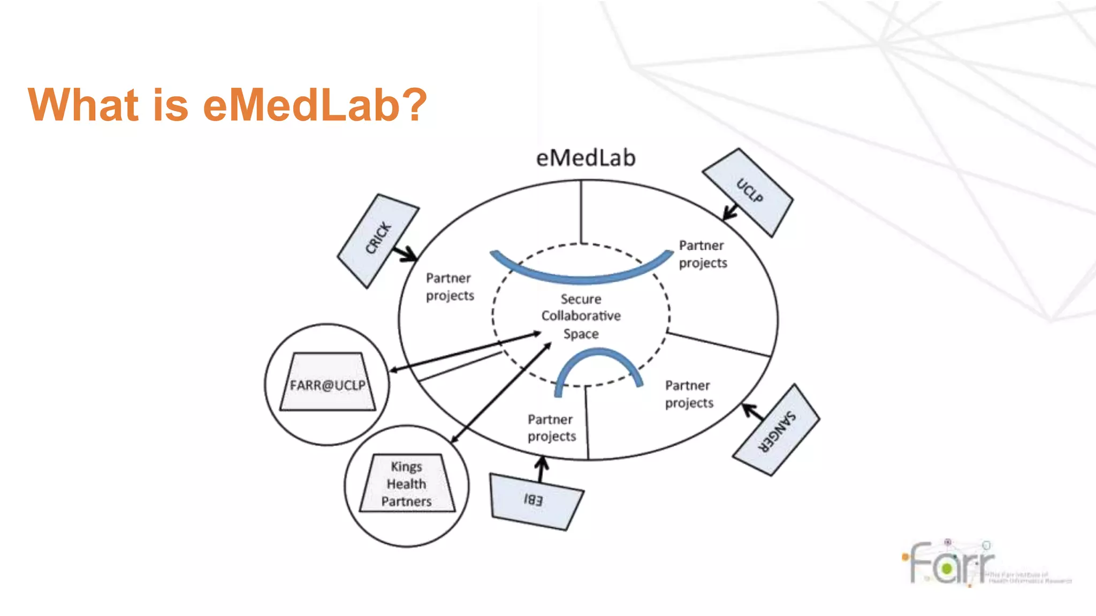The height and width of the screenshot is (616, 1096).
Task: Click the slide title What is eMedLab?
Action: click(x=227, y=105)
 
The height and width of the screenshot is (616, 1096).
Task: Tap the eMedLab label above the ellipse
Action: click(x=585, y=158)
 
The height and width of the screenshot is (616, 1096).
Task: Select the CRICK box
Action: click(x=378, y=240)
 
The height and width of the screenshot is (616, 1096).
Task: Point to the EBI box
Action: click(x=535, y=501)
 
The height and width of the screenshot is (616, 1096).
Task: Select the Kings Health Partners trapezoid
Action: click(x=407, y=484)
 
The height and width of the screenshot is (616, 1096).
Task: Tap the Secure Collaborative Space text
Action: click(x=581, y=316)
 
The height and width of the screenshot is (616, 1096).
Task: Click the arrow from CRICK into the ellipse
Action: click(x=405, y=253)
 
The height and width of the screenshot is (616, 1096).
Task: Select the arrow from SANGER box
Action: click(x=753, y=412)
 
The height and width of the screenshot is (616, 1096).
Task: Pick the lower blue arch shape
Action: click(x=599, y=359)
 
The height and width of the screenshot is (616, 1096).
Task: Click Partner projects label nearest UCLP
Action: click(x=702, y=255)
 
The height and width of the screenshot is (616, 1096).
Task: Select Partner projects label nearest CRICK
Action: click(x=450, y=287)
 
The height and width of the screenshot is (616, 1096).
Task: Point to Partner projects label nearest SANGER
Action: click(x=689, y=395)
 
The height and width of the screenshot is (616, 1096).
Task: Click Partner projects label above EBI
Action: click(x=551, y=428)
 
